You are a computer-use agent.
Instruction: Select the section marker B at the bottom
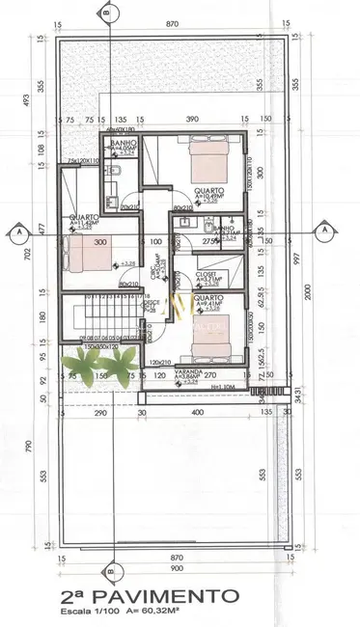click(109, 570)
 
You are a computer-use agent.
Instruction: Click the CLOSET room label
click(206, 274)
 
